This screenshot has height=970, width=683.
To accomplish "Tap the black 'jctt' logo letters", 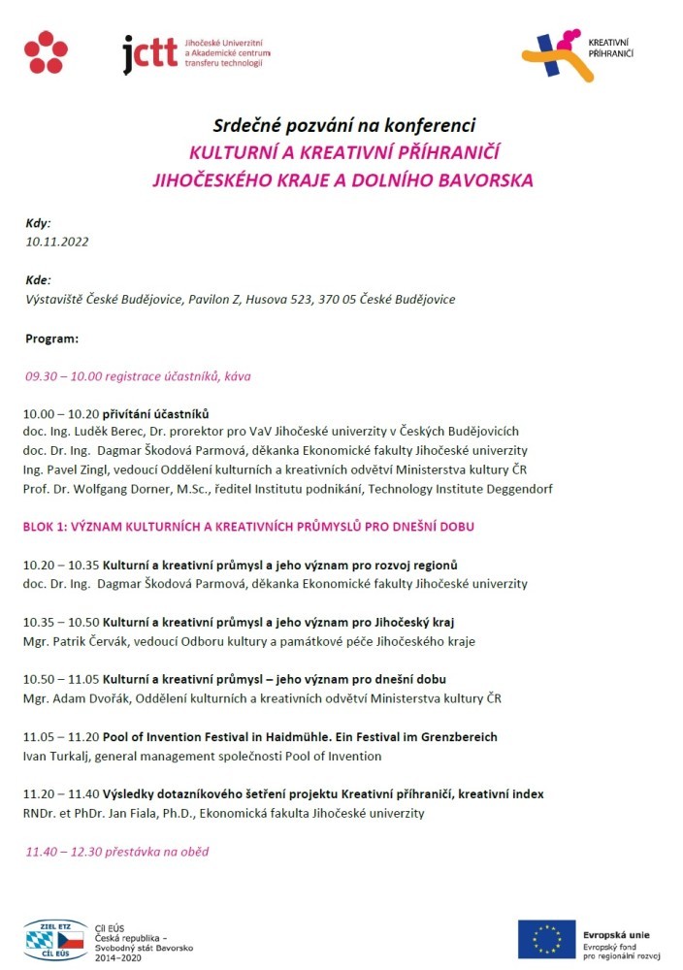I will tap(150, 54).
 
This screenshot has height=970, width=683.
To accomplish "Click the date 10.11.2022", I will tap(57, 242).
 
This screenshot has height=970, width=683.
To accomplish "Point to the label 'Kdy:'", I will tap(38, 223).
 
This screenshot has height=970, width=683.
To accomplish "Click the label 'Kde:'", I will tap(38, 280).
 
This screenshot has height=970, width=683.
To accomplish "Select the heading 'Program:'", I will tap(51, 339).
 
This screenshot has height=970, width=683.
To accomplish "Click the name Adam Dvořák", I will tap(92, 698).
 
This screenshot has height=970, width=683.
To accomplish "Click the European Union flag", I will tap(545, 939).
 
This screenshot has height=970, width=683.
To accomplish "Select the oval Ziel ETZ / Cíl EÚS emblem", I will tap(54, 939).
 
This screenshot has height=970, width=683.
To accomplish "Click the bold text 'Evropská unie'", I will tap(616, 934).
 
